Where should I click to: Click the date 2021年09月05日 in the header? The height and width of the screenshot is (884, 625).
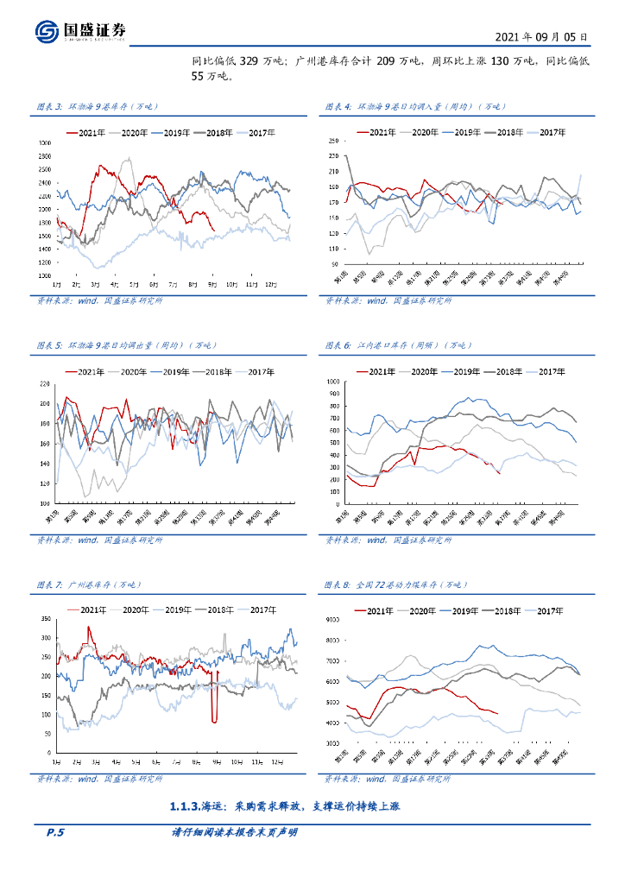point(542,37)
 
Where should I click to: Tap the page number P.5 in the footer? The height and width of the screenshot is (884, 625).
point(55,832)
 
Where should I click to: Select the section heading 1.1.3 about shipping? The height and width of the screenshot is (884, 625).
point(286,806)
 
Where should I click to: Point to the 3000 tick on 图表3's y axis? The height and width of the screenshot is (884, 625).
point(44,142)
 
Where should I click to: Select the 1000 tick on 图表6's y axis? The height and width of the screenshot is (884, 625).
point(333,381)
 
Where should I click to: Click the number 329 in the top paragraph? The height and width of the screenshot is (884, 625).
point(249,61)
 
